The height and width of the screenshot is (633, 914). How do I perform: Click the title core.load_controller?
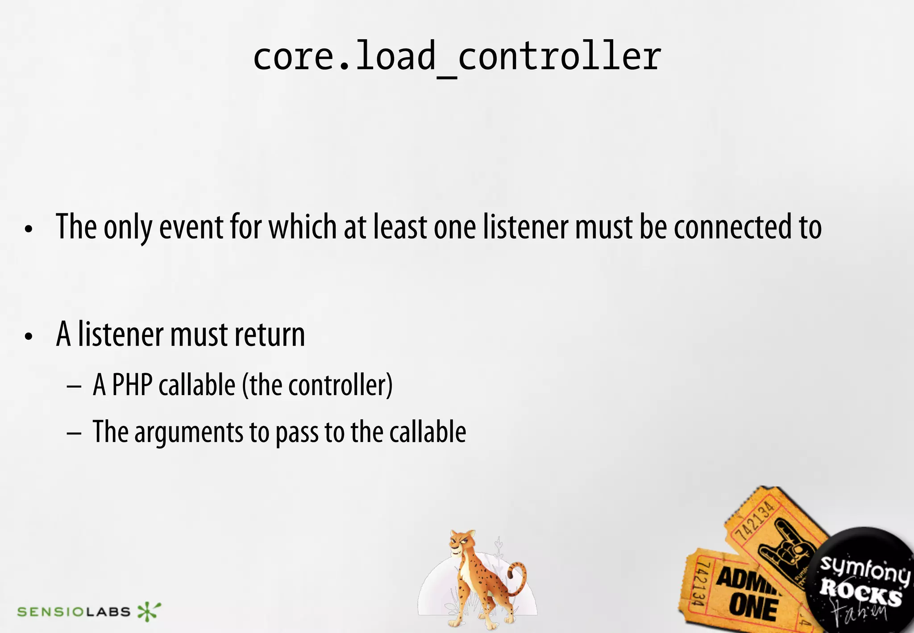[457, 57]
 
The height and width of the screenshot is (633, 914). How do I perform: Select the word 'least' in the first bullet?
[400, 227]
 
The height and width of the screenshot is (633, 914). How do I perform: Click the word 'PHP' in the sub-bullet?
[132, 385]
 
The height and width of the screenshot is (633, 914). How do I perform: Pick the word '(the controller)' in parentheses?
[317, 385]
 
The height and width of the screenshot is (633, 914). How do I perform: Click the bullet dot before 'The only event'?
[29, 230]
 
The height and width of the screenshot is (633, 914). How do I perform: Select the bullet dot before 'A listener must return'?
[29, 337]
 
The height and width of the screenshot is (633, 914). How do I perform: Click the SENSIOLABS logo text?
[74, 612]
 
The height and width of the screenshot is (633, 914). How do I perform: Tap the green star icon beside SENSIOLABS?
[148, 611]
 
